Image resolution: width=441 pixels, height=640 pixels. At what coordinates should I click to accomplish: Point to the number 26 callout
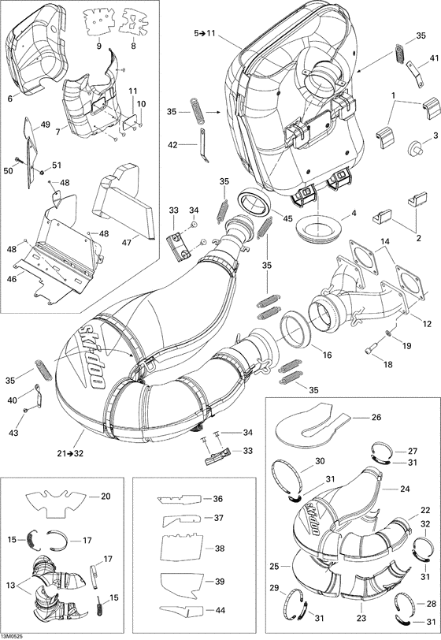tap(375, 417)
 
